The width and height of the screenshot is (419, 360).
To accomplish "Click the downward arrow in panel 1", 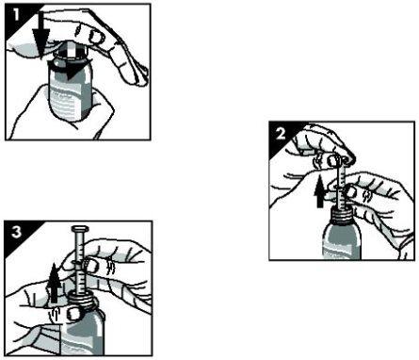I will pos(37,33).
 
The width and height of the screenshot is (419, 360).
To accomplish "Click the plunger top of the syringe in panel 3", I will pos(78,228).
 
